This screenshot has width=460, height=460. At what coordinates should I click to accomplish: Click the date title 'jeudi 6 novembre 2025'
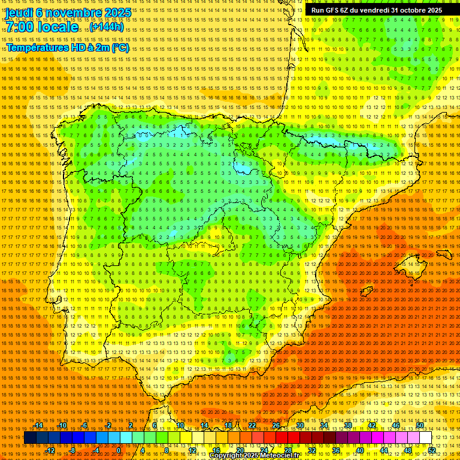pos(68,12)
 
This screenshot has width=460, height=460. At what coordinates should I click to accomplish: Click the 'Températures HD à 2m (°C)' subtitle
pos(68,47)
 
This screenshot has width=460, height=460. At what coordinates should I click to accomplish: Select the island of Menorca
pos(444,254)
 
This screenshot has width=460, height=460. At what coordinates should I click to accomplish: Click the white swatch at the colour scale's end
pos(425,438)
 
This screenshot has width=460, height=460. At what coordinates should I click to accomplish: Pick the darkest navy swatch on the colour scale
pos(30,438)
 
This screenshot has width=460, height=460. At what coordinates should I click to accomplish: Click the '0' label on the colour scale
pos(119,450)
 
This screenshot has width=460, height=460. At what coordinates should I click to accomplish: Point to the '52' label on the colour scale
pos(432,450)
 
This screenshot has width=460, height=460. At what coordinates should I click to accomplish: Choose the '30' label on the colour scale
pos(299,425)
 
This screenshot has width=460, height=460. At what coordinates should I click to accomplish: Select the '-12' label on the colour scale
pos(50,450)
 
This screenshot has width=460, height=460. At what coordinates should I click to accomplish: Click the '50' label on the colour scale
pos(420,425)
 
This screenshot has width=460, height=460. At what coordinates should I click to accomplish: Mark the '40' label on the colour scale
pos(359,450)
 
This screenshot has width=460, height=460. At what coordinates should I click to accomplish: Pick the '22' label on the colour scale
pos(252,425)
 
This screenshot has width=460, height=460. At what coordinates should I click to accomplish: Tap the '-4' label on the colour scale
pos(96,450)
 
